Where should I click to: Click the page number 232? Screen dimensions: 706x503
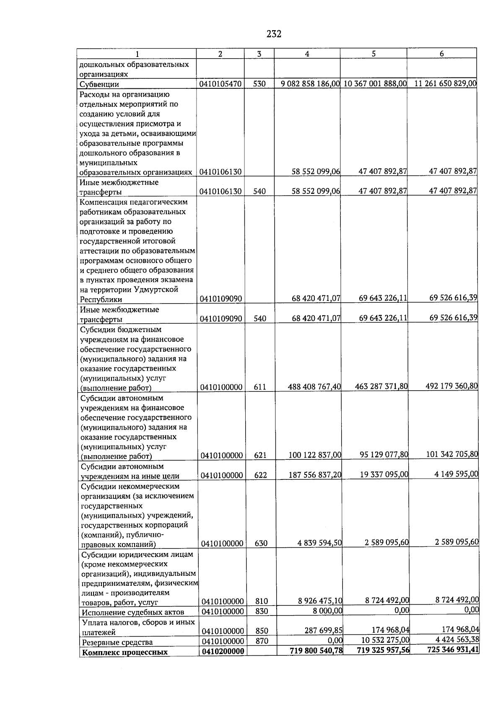tap(274, 34)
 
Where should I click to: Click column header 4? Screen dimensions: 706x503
tap(307, 54)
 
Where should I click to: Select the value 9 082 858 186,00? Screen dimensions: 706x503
tap(310, 84)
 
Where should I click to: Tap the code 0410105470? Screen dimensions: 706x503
tap(220, 84)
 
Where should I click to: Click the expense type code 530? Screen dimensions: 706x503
tap(259, 84)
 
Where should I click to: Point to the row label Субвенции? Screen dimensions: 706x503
tap(99, 84)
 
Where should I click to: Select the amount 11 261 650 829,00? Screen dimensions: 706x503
tap(445, 83)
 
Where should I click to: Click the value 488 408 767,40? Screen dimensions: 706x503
tap(314, 387)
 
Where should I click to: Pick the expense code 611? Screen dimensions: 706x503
tap(260, 387)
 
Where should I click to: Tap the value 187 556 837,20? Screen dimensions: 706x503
tap(315, 475)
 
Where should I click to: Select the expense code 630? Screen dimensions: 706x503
tap(261, 544)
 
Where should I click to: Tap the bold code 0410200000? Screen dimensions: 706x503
tap(223, 652)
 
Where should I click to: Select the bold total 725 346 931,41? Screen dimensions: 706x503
tap(453, 650)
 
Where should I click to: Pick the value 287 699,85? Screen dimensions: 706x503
tap(323, 630)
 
